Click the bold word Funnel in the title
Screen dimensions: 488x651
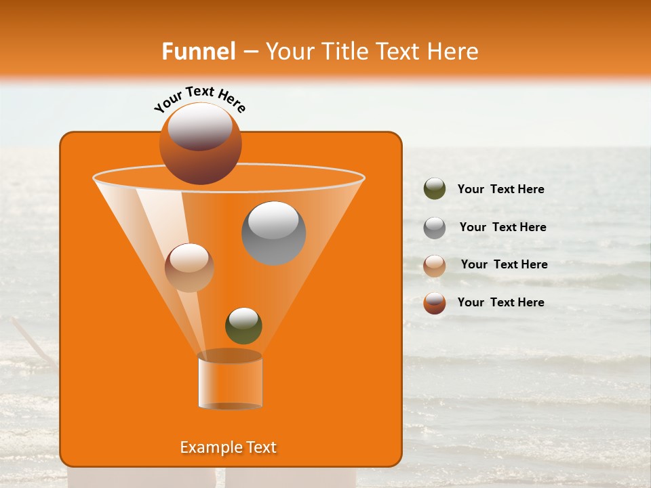tap(199, 52)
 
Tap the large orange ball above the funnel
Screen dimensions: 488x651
tap(200, 144)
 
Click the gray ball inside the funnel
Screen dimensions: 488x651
tap(273, 232)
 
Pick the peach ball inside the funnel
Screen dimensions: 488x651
tap(189, 268)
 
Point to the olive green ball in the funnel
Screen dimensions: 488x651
tap(243, 325)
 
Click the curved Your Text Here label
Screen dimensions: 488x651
tap(200, 100)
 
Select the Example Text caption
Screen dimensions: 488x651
tap(228, 447)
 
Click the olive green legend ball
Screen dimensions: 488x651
tap(435, 189)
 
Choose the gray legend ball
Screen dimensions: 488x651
tap(435, 228)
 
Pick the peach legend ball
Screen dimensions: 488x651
tap(435, 266)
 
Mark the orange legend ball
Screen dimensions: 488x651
tap(435, 303)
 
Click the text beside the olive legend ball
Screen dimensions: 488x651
tap(500, 189)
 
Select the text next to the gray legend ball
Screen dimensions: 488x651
tap(502, 227)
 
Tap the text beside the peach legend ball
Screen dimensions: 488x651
tap(504, 264)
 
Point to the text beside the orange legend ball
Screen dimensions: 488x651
tap(500, 302)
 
